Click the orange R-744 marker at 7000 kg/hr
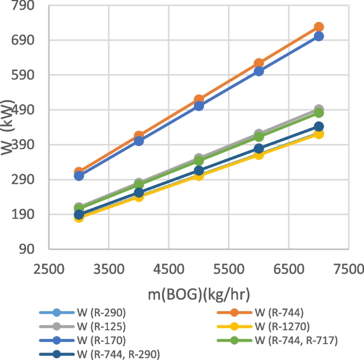click(x=319, y=27)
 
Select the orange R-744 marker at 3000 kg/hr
click(x=79, y=172)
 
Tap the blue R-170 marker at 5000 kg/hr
click(x=199, y=106)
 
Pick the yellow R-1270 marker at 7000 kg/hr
click(x=319, y=134)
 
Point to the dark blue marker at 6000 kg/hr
click(x=259, y=149)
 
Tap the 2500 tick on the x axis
click(x=49, y=270)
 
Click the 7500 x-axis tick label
click(x=349, y=270)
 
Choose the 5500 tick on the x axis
click(x=229, y=270)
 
